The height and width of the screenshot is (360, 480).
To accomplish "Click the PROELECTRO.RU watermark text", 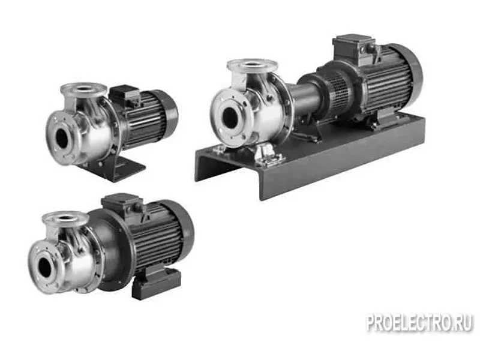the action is [x=419, y=323].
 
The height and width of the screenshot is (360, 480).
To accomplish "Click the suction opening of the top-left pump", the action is [x=62, y=139].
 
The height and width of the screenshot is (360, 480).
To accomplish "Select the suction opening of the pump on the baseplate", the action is [x=230, y=118].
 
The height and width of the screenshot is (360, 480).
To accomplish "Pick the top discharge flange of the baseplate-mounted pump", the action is [x=252, y=65].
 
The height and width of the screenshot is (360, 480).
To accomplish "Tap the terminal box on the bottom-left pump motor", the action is [x=122, y=203].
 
